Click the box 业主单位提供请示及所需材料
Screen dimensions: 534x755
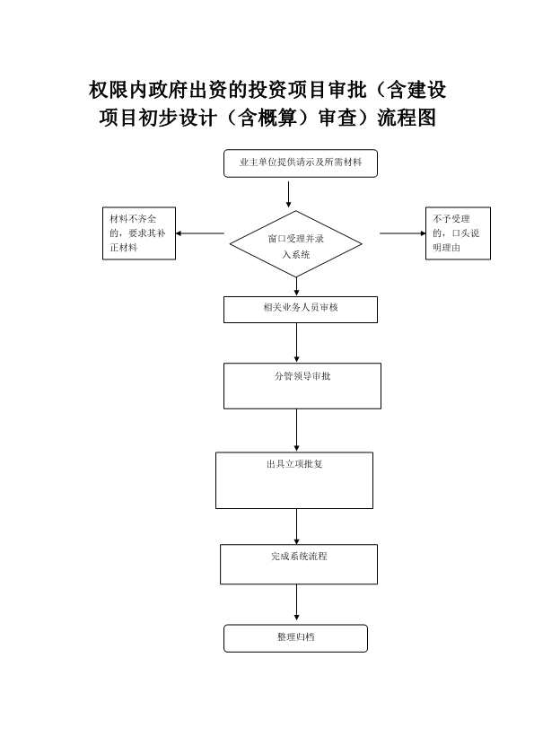301,163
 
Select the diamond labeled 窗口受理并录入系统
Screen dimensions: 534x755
295,244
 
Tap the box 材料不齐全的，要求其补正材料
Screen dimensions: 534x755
139,233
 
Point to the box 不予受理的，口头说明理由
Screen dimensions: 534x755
458,233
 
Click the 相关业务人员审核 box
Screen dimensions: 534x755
301,309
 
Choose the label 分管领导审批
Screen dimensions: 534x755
302,376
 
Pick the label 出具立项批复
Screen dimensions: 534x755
294,464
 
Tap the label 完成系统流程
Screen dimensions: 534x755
299,556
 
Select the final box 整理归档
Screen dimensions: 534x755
295,638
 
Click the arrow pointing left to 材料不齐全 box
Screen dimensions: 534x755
200,233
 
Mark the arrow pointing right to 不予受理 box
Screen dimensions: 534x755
403,233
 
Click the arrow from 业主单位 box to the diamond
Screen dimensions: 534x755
288,194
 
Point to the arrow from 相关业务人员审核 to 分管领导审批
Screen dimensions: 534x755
296,342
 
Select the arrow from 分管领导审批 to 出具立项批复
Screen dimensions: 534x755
296,430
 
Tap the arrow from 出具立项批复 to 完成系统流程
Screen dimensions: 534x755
296,526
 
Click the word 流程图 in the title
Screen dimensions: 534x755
407,118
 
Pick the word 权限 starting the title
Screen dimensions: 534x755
109,90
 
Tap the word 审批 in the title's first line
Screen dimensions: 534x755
347,90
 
